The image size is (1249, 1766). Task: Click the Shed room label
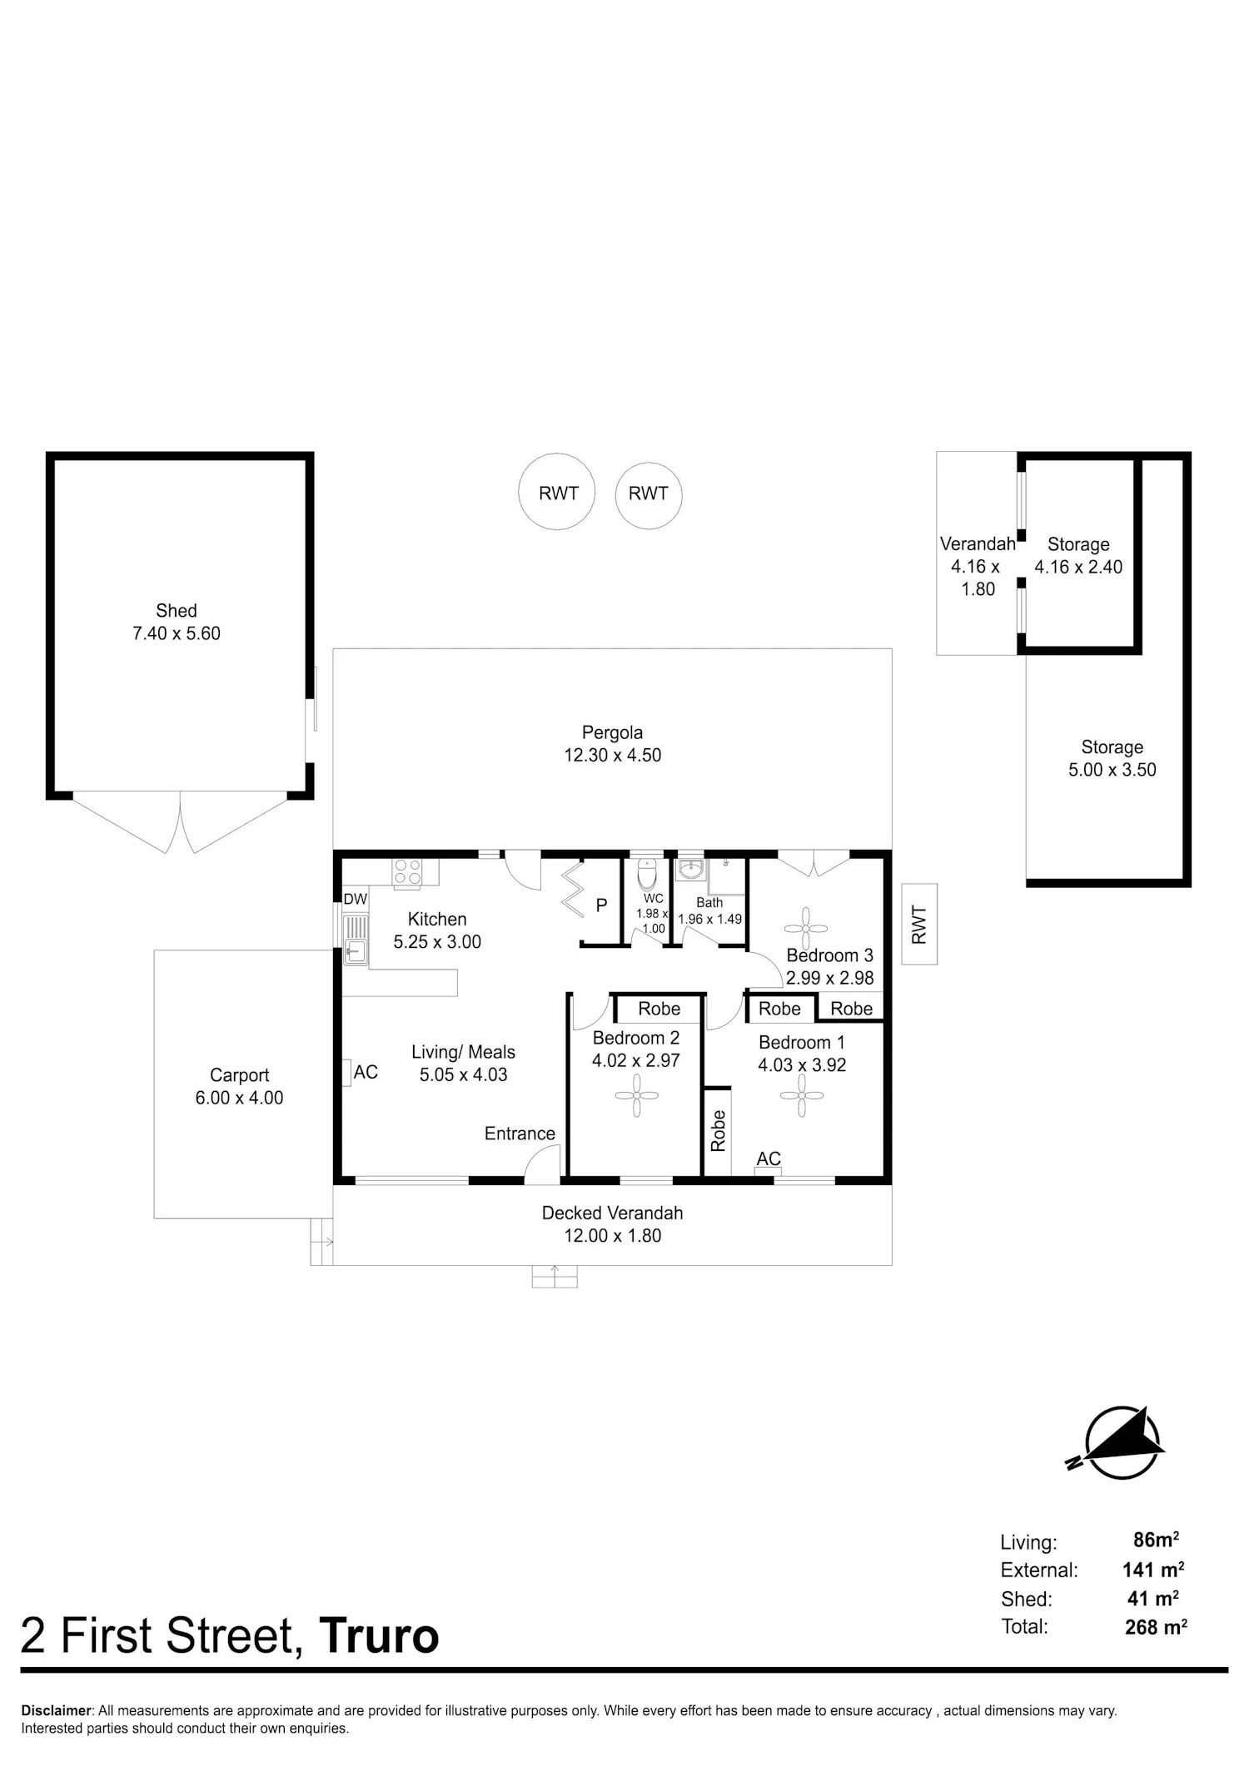(x=177, y=610)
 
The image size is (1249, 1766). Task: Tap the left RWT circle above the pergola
(x=558, y=492)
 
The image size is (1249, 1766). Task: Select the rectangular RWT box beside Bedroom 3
(x=919, y=924)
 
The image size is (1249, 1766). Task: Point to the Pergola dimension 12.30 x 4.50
(x=613, y=755)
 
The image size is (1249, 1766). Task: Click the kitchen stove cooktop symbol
(x=407, y=871)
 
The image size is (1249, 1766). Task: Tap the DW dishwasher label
(x=356, y=899)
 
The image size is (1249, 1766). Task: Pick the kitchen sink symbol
(x=356, y=940)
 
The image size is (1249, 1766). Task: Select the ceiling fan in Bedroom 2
(x=636, y=1095)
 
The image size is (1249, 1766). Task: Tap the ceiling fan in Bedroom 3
(x=806, y=930)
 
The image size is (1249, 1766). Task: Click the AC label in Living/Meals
(x=366, y=1072)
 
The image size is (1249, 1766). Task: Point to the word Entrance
(x=520, y=1134)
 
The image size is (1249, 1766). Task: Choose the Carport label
(x=240, y=1075)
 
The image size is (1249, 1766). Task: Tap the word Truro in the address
(x=379, y=1636)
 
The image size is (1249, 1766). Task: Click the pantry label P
(x=601, y=905)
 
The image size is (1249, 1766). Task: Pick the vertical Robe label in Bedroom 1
(x=718, y=1130)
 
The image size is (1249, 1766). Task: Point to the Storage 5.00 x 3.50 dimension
(x=1112, y=770)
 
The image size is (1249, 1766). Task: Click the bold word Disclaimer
(x=57, y=1711)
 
